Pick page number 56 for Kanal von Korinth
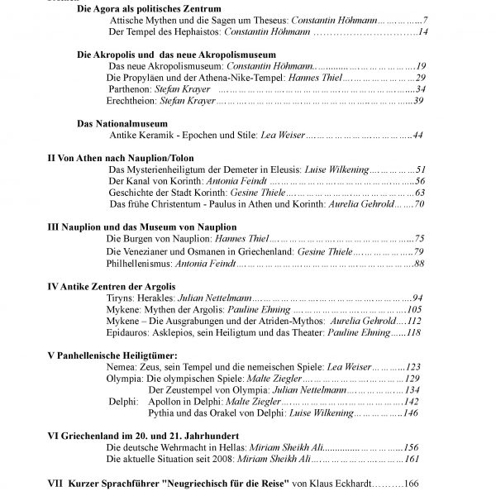click(x=419, y=180)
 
